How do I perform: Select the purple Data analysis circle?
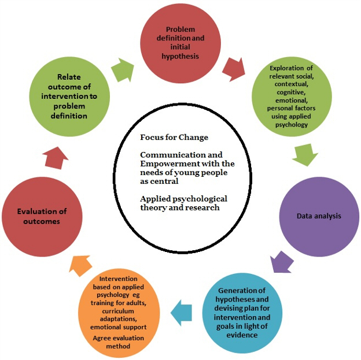318,216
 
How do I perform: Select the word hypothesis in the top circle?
181,56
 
